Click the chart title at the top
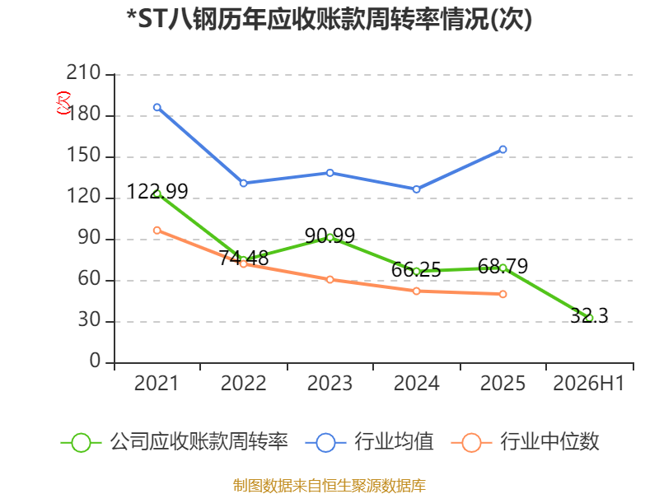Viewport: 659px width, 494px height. (329, 19)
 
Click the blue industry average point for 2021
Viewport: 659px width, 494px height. (157, 108)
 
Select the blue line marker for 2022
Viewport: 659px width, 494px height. (243, 183)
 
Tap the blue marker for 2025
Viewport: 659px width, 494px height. (502, 150)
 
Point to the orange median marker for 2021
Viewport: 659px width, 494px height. (157, 231)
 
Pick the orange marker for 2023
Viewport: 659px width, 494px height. (330, 279)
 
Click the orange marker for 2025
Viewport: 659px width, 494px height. (502, 294)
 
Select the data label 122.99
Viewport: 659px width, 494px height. (157, 192)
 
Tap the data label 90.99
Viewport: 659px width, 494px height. (330, 235)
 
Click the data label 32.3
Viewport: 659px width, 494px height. (589, 315)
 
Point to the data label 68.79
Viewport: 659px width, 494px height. (502, 266)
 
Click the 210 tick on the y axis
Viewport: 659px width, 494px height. (83, 72)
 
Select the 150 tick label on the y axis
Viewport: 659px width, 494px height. (83, 156)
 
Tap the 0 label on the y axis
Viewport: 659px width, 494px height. (95, 361)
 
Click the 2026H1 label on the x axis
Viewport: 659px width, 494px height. (589, 384)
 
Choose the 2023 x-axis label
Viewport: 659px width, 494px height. (330, 384)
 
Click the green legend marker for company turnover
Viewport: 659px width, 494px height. (81, 443)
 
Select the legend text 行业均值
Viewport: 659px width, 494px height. (394, 442)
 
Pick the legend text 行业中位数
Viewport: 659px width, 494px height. (549, 442)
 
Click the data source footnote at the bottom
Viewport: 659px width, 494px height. (329, 486)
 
